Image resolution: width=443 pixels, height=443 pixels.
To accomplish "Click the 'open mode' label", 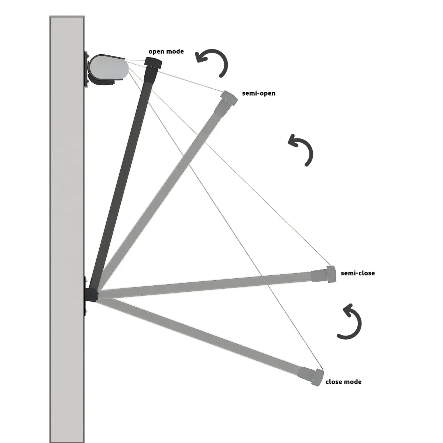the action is (166, 51).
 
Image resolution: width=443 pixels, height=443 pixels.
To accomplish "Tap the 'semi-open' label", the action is (259, 93).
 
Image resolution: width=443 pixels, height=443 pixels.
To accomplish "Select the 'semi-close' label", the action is (358, 273).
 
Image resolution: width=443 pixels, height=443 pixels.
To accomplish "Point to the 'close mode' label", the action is (343, 382).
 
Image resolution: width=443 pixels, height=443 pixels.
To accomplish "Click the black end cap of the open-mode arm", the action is (153, 63).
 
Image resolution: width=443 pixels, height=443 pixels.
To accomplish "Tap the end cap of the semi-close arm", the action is (331, 274).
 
